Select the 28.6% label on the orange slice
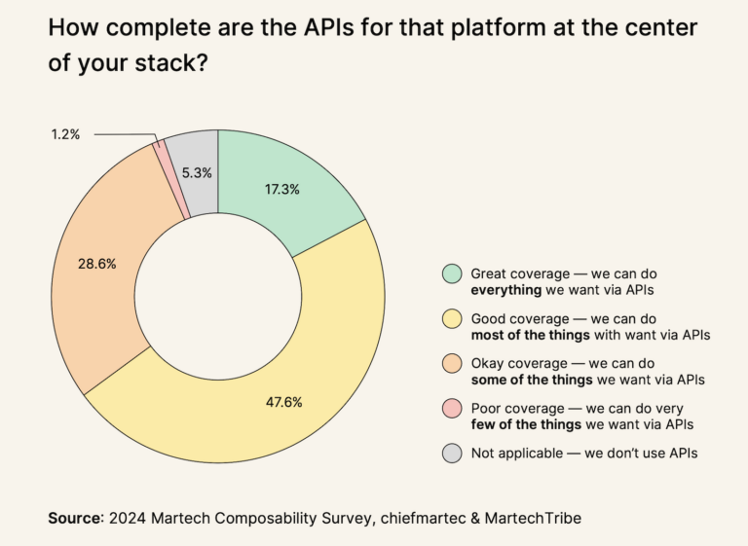coord(97,264)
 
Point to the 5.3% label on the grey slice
coord(196,172)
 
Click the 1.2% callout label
coord(65,133)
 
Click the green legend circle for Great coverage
coord(451,273)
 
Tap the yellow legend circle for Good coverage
coord(451,318)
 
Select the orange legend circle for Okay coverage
coord(451,363)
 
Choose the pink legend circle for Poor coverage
coord(451,407)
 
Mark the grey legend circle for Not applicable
coord(451,452)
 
